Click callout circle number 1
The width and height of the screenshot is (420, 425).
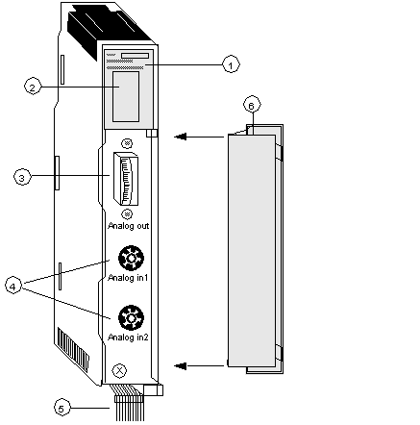pyautogui.click(x=231, y=64)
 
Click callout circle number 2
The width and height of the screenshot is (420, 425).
pyautogui.click(x=33, y=87)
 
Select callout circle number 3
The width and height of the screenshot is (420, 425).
pyautogui.click(x=22, y=177)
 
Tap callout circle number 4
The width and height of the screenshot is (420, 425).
pyautogui.click(x=13, y=287)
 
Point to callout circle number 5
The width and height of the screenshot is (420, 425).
pyautogui.click(x=62, y=408)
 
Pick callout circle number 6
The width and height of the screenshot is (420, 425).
pyautogui.click(x=252, y=105)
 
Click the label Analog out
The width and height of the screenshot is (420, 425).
pyautogui.click(x=129, y=226)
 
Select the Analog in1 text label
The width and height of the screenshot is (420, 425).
pyautogui.click(x=128, y=277)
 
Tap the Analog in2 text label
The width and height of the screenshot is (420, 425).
pyautogui.click(x=128, y=337)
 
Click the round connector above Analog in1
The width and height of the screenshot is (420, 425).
pyautogui.click(x=131, y=258)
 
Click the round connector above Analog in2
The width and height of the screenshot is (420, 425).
pyautogui.click(x=131, y=318)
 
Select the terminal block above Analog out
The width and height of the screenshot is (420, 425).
pyautogui.click(x=125, y=179)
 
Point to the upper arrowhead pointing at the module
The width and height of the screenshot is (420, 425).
pyautogui.click(x=180, y=137)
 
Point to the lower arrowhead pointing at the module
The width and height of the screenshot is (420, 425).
pyautogui.click(x=180, y=365)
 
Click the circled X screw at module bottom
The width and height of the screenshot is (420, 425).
pyautogui.click(x=119, y=371)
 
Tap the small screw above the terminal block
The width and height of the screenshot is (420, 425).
pyautogui.click(x=128, y=143)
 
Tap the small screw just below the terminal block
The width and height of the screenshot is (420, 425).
pyautogui.click(x=128, y=213)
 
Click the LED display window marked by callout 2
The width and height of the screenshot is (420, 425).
pyautogui.click(x=126, y=96)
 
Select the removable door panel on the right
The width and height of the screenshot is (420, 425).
pyautogui.click(x=256, y=249)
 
